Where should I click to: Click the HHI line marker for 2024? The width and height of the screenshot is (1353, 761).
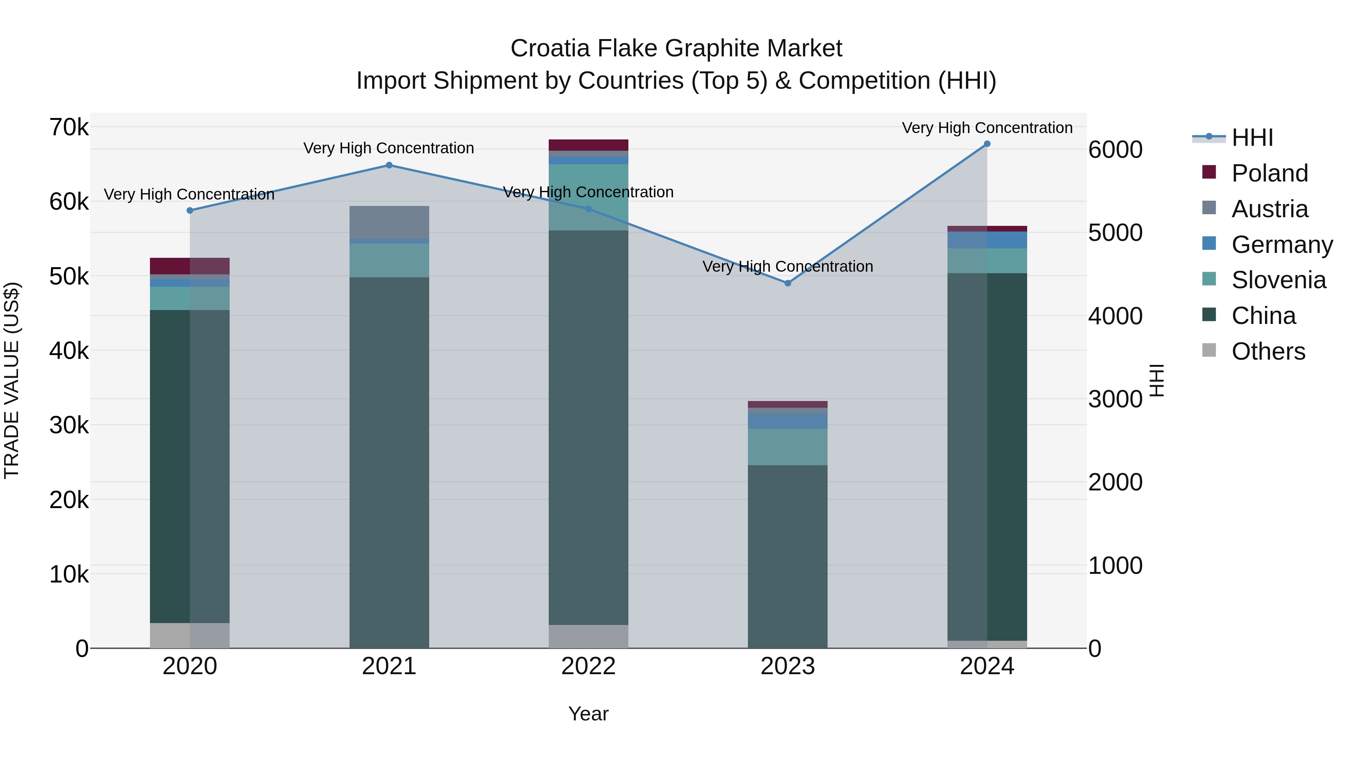tap(987, 144)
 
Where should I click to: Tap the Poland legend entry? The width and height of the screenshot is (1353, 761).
tap(1269, 173)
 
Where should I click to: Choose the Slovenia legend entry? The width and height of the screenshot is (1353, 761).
tap(1279, 280)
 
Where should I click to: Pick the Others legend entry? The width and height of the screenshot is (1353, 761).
tap(1268, 351)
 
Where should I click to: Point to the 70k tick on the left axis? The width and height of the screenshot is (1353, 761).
tap(69, 127)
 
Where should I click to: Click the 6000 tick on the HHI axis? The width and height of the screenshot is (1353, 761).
tap(1115, 150)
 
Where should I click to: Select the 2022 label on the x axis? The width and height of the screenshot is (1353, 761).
tap(588, 666)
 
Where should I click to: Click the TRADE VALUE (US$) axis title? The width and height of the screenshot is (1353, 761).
tap(12, 380)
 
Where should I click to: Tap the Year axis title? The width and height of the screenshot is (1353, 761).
tap(588, 714)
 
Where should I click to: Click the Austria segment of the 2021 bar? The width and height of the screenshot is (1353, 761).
tap(389, 222)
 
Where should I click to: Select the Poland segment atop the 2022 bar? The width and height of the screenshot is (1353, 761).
tap(588, 145)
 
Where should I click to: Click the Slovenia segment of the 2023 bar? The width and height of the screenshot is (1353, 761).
tap(787, 447)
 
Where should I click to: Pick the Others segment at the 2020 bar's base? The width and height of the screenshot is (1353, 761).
tap(190, 635)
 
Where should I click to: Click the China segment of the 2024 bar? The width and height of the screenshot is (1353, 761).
tap(987, 457)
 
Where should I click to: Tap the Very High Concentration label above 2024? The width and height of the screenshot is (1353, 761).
tap(987, 128)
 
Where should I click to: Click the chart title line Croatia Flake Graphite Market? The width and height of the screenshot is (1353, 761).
tap(676, 48)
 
